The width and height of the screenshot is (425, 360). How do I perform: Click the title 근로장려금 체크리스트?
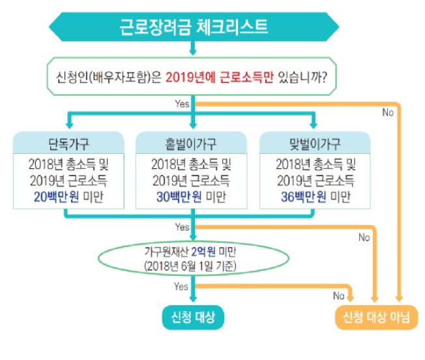194,27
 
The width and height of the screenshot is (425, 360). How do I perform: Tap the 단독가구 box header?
68,143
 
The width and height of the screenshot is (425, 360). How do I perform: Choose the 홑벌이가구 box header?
191,143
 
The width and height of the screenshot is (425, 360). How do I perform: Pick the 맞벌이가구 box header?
315,143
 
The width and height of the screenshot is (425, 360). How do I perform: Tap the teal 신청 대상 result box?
193,318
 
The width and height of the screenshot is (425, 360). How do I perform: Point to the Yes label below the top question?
183,104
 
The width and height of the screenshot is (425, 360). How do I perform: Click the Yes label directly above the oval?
183,227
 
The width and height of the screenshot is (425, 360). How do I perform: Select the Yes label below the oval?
183,287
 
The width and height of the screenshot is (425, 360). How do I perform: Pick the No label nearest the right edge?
388,112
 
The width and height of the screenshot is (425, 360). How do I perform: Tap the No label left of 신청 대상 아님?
338,295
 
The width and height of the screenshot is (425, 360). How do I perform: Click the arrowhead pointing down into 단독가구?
68,125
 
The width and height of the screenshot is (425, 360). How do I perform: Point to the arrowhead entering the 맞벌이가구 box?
315,125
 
